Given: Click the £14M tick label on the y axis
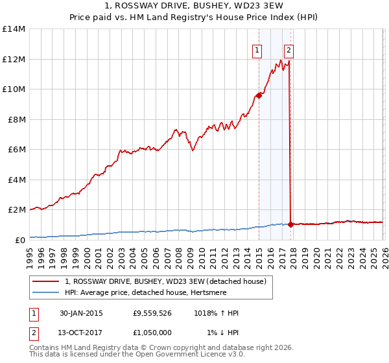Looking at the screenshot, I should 14,29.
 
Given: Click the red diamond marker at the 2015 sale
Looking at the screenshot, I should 259,95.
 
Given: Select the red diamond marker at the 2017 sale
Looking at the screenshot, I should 290,224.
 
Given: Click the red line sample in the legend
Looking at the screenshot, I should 47,282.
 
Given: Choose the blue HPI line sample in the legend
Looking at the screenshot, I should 47,293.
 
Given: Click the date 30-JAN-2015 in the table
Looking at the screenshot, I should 81,313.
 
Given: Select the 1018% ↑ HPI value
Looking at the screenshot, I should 216,313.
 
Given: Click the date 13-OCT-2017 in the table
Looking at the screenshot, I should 81,333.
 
